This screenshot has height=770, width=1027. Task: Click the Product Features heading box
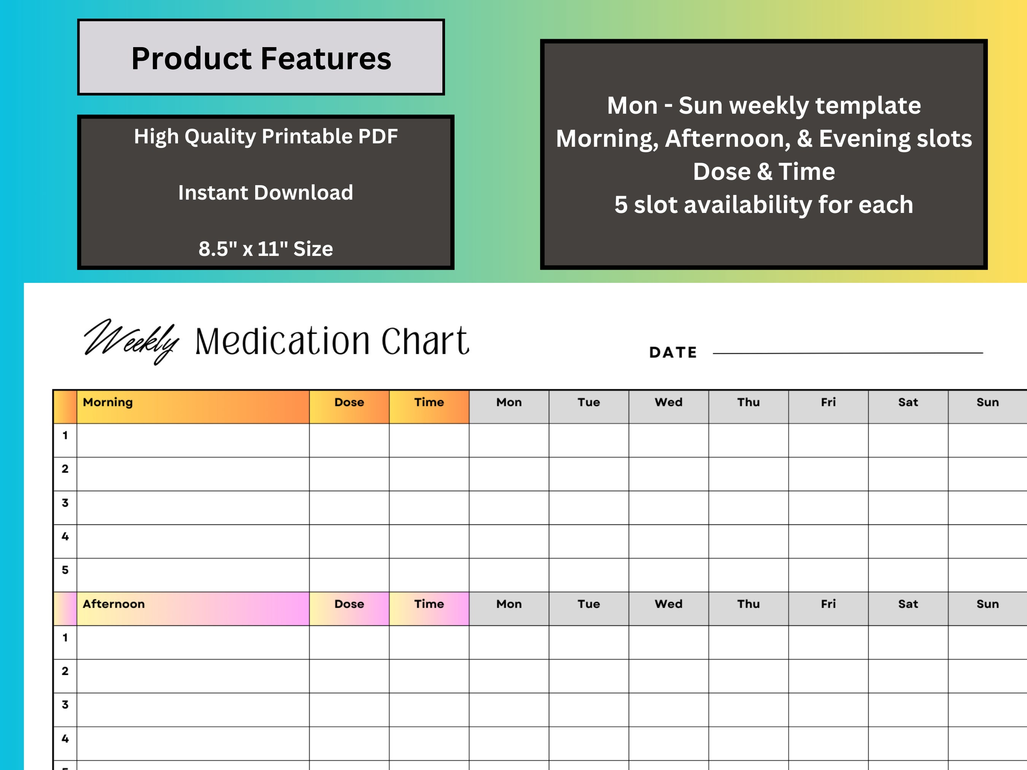click(x=261, y=57)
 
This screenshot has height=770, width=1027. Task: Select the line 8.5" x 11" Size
click(x=265, y=249)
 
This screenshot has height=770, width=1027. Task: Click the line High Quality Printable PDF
click(x=265, y=137)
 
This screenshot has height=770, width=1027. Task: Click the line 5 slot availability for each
click(x=764, y=205)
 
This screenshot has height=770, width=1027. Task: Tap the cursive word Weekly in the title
click(x=131, y=341)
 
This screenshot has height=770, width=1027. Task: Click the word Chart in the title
click(x=424, y=341)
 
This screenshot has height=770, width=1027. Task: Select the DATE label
click(x=673, y=352)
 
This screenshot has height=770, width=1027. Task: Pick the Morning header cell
click(x=193, y=406)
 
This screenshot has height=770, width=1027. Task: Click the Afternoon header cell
click(x=193, y=608)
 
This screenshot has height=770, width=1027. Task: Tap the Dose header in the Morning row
click(x=349, y=402)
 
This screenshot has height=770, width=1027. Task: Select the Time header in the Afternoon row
click(x=429, y=604)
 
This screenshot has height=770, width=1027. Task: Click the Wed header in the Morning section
click(x=669, y=402)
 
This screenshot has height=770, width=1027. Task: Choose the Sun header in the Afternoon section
click(x=987, y=604)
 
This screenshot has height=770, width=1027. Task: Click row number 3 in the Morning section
click(x=65, y=503)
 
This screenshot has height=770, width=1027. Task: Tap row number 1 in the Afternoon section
click(x=65, y=638)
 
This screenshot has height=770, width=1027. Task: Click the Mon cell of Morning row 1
click(x=509, y=440)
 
